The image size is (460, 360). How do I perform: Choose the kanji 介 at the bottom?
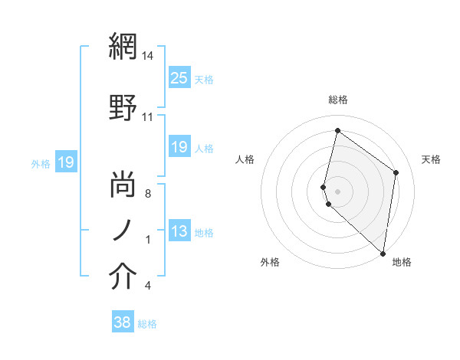click(x=123, y=278)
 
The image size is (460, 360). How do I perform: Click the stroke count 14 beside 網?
click(x=148, y=56)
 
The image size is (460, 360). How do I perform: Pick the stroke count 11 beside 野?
click(x=148, y=117)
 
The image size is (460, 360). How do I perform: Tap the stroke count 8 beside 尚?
click(x=148, y=194)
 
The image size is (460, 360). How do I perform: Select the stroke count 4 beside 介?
click(x=148, y=286)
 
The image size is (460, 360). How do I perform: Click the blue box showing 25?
click(x=179, y=77)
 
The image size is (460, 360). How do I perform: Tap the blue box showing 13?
click(x=179, y=231)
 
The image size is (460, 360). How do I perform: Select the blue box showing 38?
click(x=122, y=322)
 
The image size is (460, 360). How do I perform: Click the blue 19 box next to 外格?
click(x=65, y=162)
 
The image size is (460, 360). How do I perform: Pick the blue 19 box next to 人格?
click(x=179, y=147)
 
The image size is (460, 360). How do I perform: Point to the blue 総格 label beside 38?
click(x=147, y=324)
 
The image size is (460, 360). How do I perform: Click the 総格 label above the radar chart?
click(x=337, y=100)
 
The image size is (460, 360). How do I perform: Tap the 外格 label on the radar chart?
click(x=270, y=262)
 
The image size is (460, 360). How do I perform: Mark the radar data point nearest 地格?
click(x=383, y=254)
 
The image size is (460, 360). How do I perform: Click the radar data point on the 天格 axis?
click(x=396, y=172)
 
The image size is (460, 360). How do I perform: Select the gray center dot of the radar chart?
click(x=337, y=191)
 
